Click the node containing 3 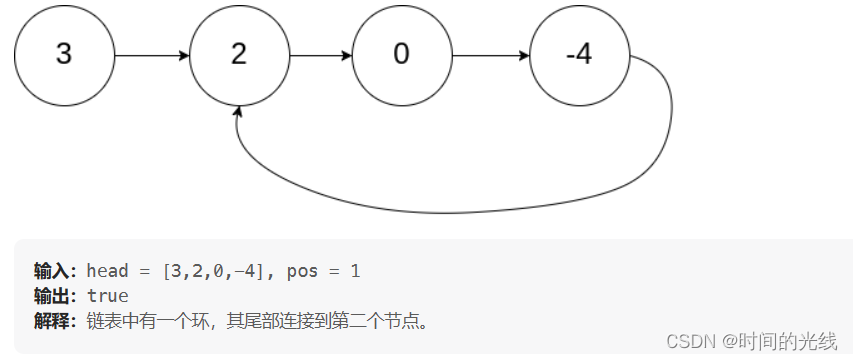click(64, 54)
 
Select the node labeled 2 click(238, 54)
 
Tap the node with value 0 click(401, 54)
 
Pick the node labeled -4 click(578, 54)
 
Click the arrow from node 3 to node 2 click(151, 55)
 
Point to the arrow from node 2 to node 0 click(319, 55)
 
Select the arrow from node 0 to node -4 click(489, 55)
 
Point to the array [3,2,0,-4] click(219, 271)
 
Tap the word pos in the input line click(301, 271)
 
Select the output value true click(107, 297)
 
